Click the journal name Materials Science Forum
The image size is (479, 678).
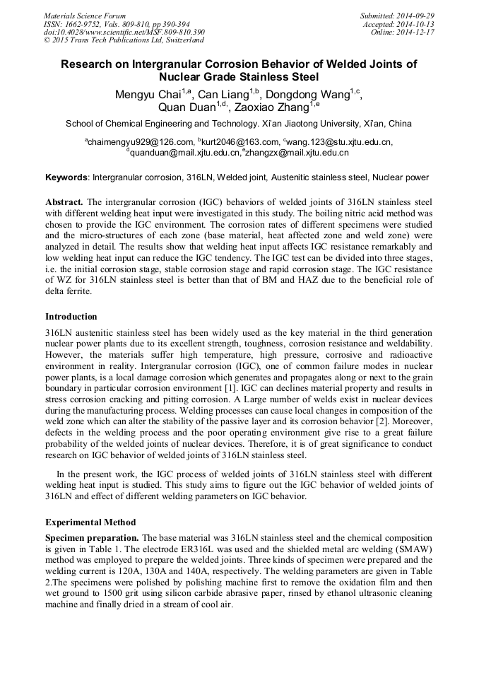85,16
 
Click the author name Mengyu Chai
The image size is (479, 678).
146,93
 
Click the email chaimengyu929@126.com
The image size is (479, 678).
141,142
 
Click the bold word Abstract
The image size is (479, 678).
64,201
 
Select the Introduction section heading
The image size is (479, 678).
71,317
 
